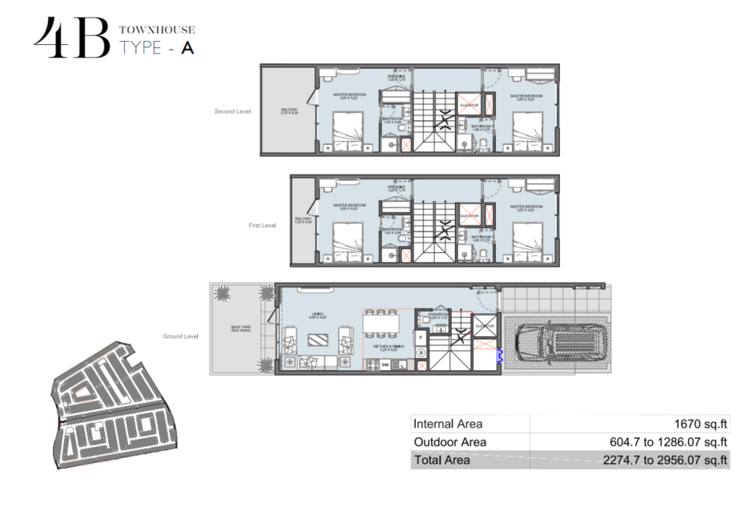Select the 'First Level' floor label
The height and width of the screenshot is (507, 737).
pos(261,226)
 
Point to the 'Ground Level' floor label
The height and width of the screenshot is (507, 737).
pos(179,336)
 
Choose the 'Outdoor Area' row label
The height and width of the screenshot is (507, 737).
pos(449,442)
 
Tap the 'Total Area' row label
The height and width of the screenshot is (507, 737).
pos(441,461)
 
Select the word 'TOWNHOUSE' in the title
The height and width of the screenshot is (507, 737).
pos(157,30)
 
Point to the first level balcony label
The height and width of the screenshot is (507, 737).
pos(304,219)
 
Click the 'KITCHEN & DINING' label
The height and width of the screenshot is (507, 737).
pos(387,348)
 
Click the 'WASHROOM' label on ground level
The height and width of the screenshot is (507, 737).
pos(437,315)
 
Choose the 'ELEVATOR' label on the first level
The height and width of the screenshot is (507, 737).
pos(469,215)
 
